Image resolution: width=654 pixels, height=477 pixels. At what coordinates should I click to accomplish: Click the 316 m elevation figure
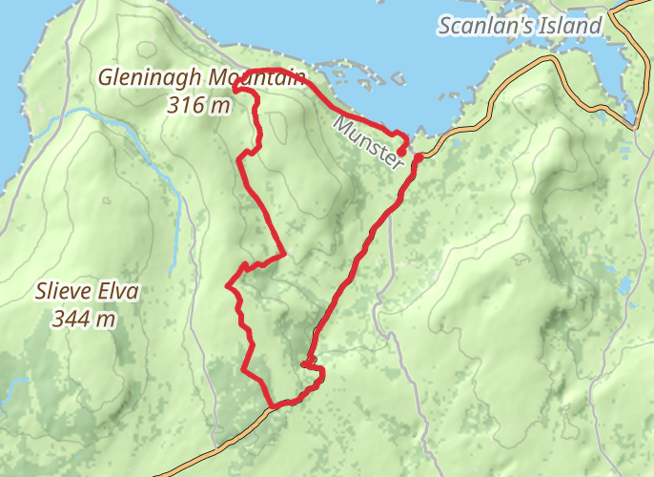click(x=198, y=106)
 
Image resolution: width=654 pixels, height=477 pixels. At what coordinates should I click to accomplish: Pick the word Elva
click(x=118, y=292)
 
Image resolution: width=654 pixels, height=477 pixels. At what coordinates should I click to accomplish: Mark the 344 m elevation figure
click(x=86, y=318)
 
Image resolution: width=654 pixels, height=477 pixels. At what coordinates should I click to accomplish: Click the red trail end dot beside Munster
click(x=401, y=151)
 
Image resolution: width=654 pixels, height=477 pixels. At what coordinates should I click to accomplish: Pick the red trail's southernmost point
click(x=275, y=406)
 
